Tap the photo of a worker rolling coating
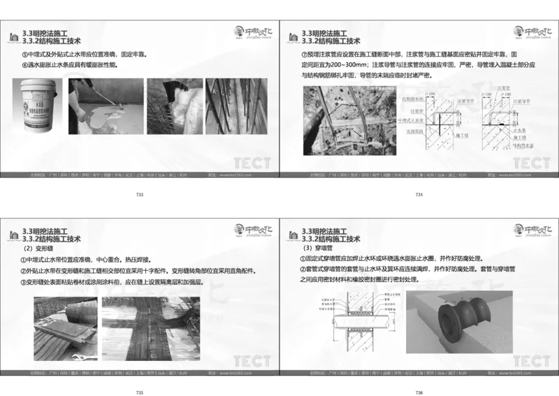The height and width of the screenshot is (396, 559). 107,105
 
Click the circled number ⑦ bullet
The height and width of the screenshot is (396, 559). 304,54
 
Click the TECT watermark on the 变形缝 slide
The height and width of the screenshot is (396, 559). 252,361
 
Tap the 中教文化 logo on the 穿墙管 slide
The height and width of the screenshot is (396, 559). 532,230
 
